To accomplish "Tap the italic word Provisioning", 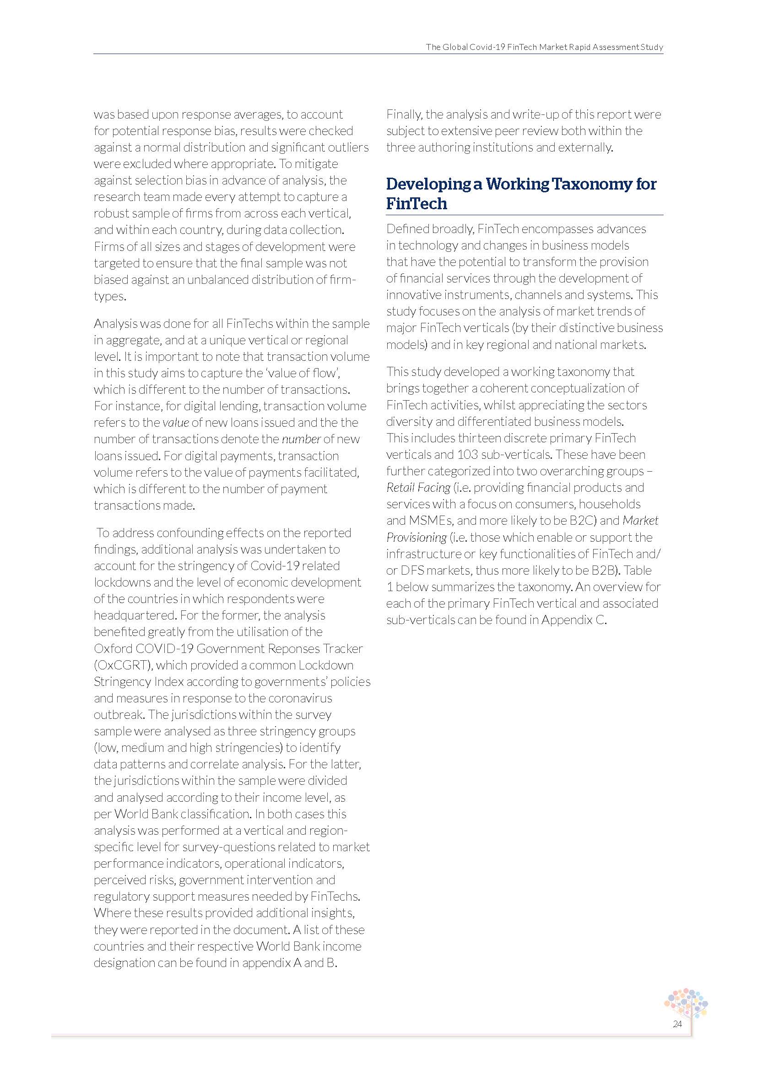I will (416, 538).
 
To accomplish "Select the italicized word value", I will (176, 423).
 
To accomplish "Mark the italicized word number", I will (301, 439).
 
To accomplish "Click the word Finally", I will (404, 114).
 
